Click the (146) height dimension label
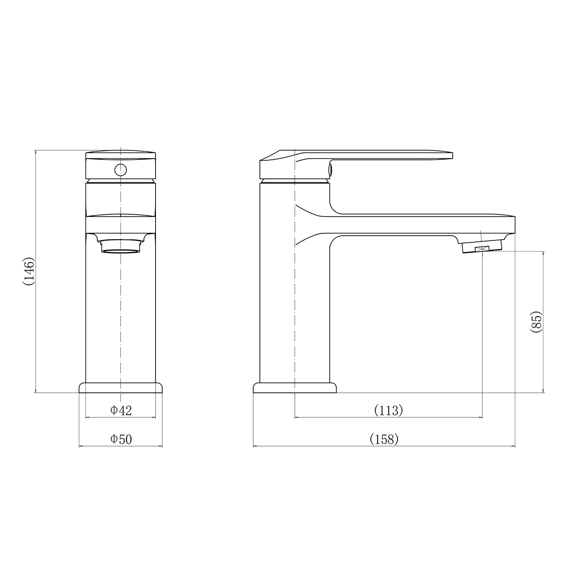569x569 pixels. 29,271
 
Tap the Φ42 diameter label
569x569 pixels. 121,410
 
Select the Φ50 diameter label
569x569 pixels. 121,439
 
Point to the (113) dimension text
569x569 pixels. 388,410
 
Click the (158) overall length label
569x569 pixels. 384,439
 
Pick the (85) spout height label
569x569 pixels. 536,322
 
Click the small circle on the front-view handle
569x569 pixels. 121,170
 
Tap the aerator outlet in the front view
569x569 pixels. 121,246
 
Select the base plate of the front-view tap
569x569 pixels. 121,388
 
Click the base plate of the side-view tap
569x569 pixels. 295,388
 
